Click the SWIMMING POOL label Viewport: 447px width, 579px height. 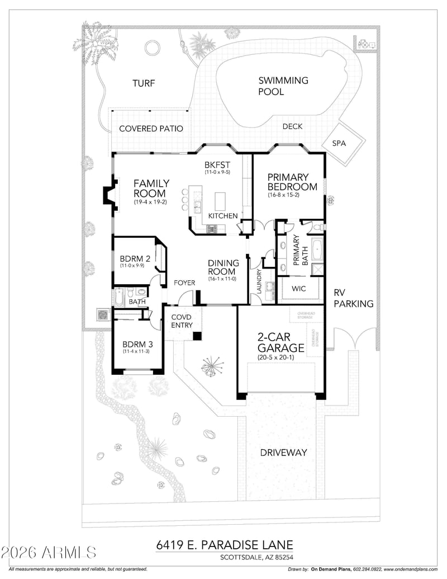(283, 86)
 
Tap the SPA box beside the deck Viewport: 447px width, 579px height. (339, 143)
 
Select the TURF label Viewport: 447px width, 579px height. (144, 83)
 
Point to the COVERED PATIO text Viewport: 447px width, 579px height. (151, 129)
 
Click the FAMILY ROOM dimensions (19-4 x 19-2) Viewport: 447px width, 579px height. (150, 202)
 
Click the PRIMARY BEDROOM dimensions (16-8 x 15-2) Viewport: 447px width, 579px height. (292, 196)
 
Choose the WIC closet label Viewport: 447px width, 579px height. (298, 289)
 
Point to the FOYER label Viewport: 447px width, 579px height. (184, 283)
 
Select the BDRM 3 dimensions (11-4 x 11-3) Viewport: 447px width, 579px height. (137, 352)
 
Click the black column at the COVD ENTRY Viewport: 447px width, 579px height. (197, 336)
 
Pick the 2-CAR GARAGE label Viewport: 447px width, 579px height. (280, 342)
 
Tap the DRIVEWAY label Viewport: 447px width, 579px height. (283, 452)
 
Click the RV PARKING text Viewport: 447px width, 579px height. (353, 298)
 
